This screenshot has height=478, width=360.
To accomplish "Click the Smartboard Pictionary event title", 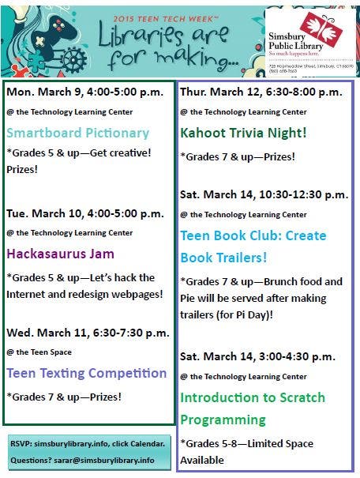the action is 77,133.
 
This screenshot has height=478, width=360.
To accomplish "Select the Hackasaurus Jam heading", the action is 61,254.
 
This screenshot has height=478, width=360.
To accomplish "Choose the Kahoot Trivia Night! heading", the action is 243,132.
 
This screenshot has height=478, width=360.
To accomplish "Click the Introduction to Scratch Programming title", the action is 253,408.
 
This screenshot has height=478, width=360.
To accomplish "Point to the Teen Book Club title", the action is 253,247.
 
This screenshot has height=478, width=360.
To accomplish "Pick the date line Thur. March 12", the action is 261,92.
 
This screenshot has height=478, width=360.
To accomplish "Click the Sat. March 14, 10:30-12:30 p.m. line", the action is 264,194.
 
